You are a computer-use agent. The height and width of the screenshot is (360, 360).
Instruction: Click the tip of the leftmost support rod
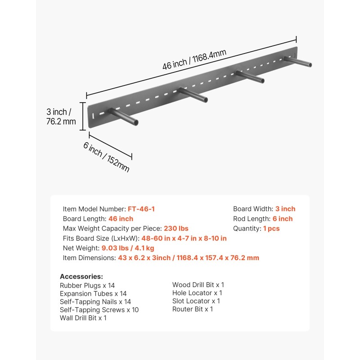point(135,122)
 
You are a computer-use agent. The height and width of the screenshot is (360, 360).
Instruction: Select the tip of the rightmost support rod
point(309,65)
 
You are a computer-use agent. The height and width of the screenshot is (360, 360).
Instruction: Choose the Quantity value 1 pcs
point(271,229)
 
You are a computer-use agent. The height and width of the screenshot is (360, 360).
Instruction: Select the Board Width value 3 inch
point(285,209)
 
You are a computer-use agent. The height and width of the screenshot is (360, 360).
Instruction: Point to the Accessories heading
point(81,276)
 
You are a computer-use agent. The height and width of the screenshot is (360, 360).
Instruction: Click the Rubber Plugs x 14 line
point(87,285)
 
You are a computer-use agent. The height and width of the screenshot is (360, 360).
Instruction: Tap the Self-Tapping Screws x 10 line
point(99,310)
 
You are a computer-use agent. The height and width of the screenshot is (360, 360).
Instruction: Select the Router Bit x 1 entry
point(193,309)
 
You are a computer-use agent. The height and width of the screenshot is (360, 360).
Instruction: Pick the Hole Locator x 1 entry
point(197,293)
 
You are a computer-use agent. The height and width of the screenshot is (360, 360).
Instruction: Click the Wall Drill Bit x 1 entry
point(83,318)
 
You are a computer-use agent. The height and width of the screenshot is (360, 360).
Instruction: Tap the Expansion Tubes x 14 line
point(93,293)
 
